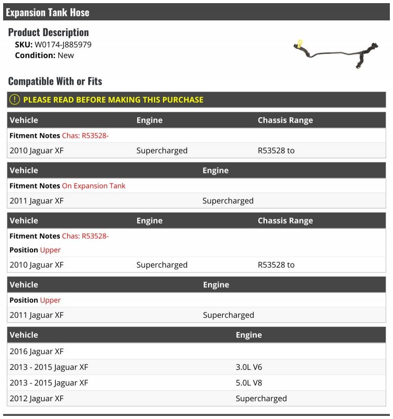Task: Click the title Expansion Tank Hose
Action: coord(48,12)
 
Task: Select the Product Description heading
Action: coord(48,32)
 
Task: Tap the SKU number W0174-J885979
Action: coord(63,45)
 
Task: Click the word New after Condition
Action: coord(65,55)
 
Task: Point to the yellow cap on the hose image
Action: coord(300,42)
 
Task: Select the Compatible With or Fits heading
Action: coord(55,81)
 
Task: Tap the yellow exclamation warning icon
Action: coord(15,100)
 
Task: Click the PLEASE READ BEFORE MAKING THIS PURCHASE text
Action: coord(113,100)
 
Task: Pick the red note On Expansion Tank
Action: coord(94,186)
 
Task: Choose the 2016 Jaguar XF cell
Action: coord(36,351)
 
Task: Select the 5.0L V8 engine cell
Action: coord(249,383)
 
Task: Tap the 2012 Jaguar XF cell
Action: coord(36,399)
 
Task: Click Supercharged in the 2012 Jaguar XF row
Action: coord(261,399)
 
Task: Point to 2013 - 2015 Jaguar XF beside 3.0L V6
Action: coord(49,367)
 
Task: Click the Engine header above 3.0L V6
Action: coord(248,335)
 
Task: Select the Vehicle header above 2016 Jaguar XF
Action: coord(24,335)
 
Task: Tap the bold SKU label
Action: coord(24,45)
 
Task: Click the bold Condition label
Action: coord(35,55)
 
